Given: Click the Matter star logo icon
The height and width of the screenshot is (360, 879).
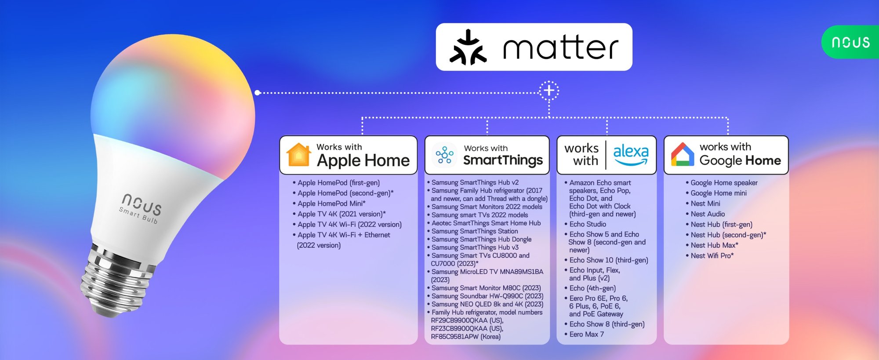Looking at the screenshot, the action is [468, 47].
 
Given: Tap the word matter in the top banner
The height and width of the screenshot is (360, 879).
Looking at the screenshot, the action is [561, 47].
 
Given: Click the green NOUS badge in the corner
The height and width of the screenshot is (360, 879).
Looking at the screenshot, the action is [850, 42].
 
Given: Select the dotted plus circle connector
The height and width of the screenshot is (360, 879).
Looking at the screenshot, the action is [549, 91].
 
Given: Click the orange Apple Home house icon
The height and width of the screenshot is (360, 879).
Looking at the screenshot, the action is [298, 155].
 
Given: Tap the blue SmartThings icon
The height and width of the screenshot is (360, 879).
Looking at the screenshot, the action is [444, 155].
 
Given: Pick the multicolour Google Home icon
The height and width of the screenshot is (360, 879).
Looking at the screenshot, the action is [683, 154].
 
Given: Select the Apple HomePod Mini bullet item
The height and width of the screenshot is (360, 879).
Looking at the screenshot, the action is [330, 204].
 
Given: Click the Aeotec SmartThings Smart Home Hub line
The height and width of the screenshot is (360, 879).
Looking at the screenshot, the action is [484, 223].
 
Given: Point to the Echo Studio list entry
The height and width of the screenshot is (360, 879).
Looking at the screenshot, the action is [585, 224].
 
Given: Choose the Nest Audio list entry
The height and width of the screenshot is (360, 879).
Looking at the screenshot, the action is [705, 214].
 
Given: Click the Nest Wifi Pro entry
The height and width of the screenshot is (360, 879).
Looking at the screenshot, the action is [709, 256].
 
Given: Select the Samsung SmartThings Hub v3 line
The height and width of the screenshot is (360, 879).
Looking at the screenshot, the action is [473, 247].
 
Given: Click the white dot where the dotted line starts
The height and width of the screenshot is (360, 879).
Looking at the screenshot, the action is [258, 92].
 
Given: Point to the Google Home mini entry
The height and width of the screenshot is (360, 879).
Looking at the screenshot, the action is [716, 193].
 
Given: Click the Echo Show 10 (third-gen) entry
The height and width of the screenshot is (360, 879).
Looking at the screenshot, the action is [606, 260].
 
